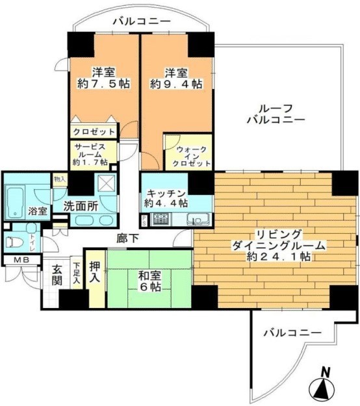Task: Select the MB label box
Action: [x=14, y=260]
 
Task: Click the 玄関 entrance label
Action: [x=57, y=275]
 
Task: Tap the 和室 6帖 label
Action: [x=149, y=281]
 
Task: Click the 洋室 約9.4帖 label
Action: [x=175, y=77]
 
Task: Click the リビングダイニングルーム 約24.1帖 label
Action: [x=272, y=245]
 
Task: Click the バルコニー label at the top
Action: [x=141, y=21]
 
